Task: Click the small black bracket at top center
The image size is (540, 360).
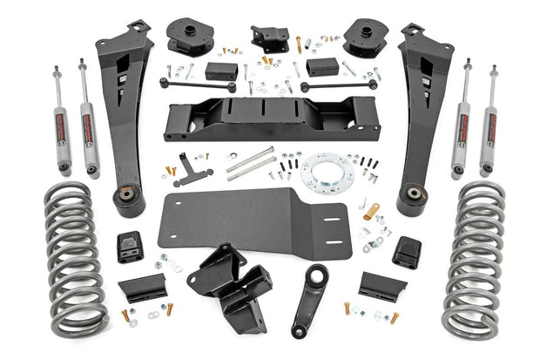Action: [270, 37]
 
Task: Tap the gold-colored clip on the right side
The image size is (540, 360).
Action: [372, 210]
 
